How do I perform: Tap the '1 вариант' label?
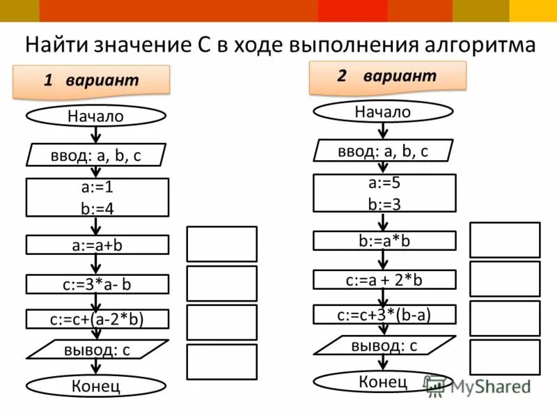tap(91, 80)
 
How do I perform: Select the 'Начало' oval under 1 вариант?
tap(96, 116)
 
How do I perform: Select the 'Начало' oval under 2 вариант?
tap(383, 111)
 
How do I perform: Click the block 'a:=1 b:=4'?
tap(97, 197)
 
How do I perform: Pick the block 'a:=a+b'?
tap(97, 245)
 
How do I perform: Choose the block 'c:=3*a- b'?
tap(97, 284)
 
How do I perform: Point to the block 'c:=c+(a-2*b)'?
tap(97, 319)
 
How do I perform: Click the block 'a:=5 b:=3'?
tap(384, 193)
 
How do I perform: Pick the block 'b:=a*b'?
tap(384, 240)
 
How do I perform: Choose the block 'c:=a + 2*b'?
tap(384, 279)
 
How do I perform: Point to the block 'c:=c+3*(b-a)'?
tap(384, 314)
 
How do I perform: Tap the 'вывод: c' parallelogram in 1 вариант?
tap(97, 349)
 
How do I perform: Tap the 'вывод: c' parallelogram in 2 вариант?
tap(384, 345)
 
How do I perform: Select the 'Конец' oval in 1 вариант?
tap(96, 385)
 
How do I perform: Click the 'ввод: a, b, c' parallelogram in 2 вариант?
tap(383, 150)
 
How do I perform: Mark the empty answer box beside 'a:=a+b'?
tap(221, 244)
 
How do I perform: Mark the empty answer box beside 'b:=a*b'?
tap(505, 240)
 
